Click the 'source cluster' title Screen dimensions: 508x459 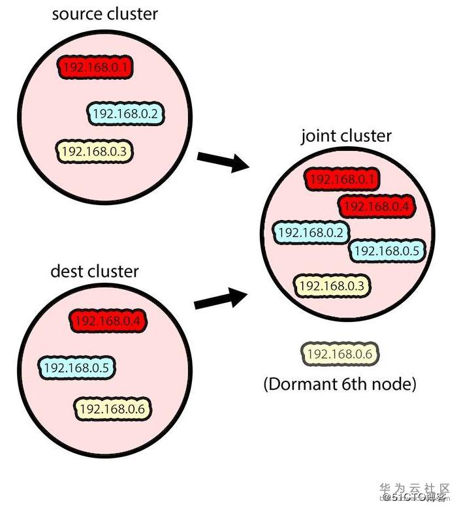[x=105, y=14]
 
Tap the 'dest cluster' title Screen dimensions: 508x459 [x=95, y=270]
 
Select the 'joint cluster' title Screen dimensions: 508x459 [x=346, y=136]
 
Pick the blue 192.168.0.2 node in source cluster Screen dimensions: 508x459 [x=126, y=114]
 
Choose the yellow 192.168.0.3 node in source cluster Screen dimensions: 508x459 [x=95, y=151]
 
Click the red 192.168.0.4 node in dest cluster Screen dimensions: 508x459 [x=109, y=321]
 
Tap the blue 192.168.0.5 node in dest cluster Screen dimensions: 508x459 [x=77, y=368]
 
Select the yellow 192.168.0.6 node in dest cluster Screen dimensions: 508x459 [x=114, y=409]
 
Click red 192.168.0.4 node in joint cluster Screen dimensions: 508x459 [x=377, y=206]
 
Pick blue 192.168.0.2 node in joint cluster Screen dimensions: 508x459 [x=311, y=232]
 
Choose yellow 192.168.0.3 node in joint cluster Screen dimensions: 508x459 [x=332, y=285]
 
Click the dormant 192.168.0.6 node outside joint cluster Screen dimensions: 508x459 [x=340, y=354]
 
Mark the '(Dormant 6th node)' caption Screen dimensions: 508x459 [x=340, y=384]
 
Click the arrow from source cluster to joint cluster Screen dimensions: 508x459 [x=223, y=161]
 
